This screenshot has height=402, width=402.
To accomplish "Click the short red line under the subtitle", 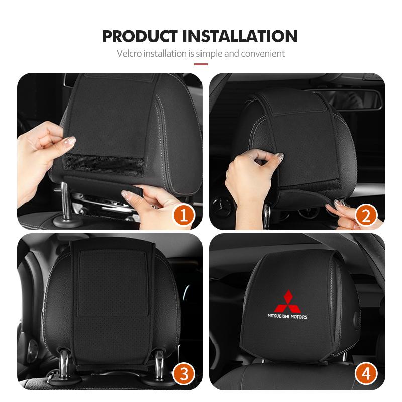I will coord(201,64).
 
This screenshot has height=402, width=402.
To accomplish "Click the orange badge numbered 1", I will coord(183,216).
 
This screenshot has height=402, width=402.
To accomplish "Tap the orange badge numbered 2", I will coord(366,216).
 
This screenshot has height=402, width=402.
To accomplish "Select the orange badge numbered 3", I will coord(183,374).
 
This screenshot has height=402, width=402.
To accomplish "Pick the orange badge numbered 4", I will coord(366,374).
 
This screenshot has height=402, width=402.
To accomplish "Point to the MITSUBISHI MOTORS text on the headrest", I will coord(287,317).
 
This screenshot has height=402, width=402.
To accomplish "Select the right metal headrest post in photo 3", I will coord(159,362).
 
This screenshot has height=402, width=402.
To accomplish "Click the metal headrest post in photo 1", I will coord(66,201).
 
